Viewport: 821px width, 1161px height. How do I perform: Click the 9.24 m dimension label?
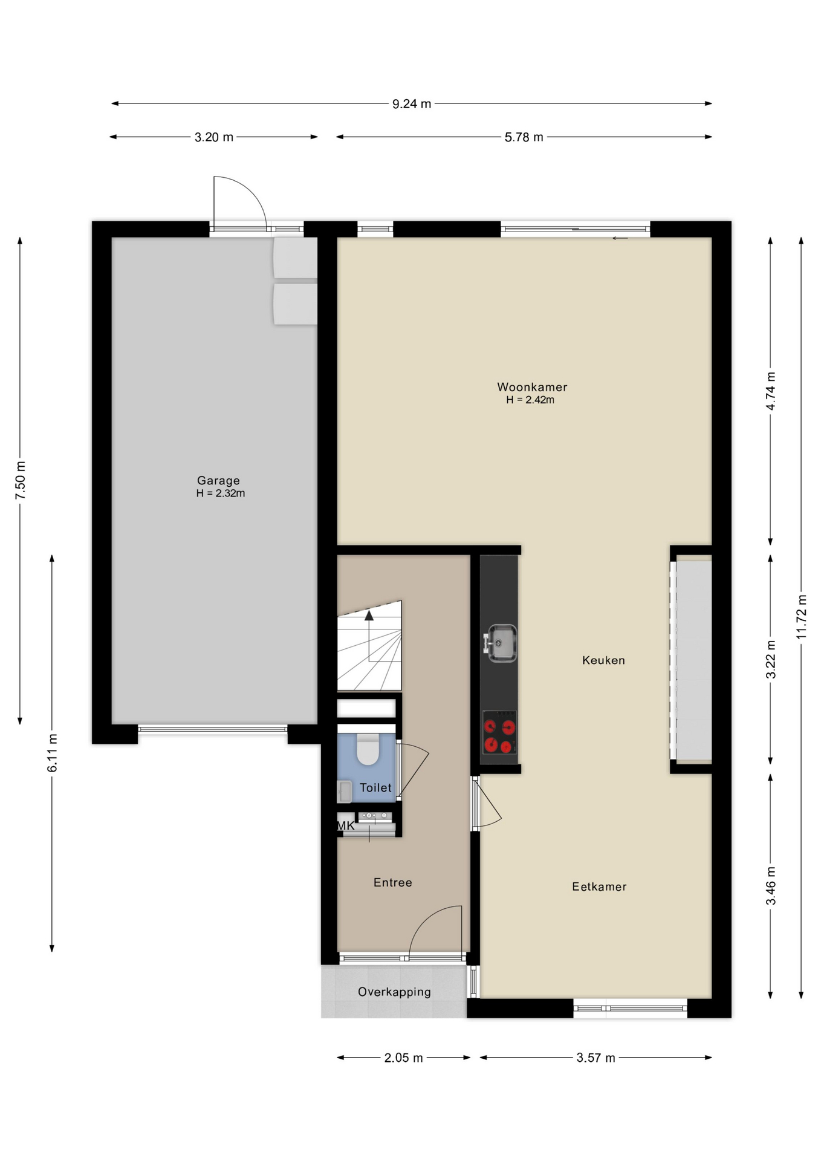click(412, 104)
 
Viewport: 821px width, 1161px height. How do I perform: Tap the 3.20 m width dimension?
click(214, 137)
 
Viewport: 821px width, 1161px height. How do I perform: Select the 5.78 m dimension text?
click(524, 137)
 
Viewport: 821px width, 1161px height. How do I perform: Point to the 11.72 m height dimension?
click(802, 617)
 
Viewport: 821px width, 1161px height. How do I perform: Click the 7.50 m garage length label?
click(21, 481)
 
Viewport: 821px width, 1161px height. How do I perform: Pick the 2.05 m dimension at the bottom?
click(404, 1058)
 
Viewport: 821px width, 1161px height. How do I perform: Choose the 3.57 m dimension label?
click(596, 1058)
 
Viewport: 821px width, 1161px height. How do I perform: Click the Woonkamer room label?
click(532, 387)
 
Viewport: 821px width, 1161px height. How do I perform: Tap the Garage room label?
click(218, 481)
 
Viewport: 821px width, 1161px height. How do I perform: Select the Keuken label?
click(603, 660)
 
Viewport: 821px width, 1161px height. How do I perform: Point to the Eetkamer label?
click(599, 886)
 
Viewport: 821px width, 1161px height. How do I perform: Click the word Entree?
click(393, 882)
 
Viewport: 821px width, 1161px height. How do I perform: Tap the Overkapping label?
click(394, 992)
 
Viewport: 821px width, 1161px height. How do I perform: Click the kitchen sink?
click(501, 643)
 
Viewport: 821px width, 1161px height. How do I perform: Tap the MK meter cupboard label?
click(346, 825)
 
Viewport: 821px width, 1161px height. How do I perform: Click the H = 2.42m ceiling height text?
click(530, 400)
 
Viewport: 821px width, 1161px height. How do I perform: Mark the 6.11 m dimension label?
click(53, 753)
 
